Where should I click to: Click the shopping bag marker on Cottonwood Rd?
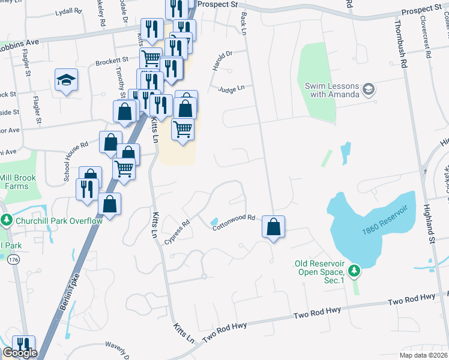pos(273,227)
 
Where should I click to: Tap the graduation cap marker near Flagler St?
pos(66,80)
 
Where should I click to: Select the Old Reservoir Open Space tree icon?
pos(355,271)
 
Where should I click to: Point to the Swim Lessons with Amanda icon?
pos(369,90)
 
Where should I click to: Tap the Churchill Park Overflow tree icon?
pos(7,220)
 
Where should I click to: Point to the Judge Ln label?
pos(231,89)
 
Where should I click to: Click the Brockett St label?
pos(112,61)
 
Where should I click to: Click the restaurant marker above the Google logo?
pos(23,345)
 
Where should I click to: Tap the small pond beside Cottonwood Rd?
pos(215,223)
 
